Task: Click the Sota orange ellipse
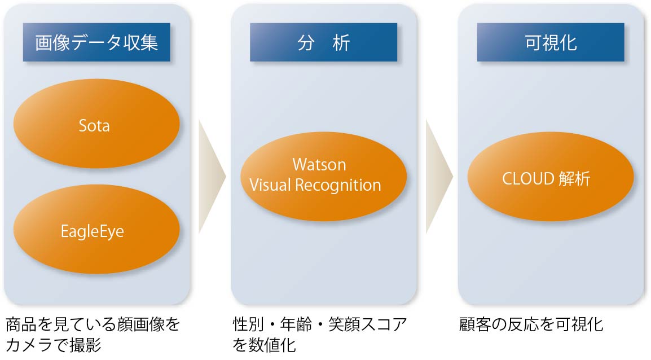click(96, 125)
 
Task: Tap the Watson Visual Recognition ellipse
click(323, 175)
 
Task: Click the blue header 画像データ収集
click(96, 42)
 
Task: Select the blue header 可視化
click(551, 42)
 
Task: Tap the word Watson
click(319, 165)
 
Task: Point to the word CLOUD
click(528, 179)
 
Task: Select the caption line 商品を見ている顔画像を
click(93, 324)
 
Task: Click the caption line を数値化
click(265, 345)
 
